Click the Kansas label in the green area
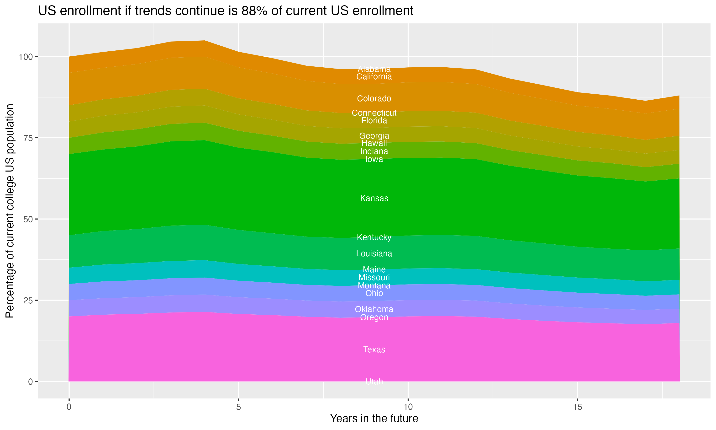point(374,199)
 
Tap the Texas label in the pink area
point(374,350)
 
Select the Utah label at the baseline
point(374,382)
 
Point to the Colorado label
point(374,99)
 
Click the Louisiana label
point(374,254)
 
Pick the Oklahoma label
point(374,309)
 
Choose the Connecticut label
point(374,113)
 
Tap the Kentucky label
point(374,238)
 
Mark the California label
point(374,77)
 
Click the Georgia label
point(374,136)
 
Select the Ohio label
point(374,294)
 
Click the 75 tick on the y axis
point(27,138)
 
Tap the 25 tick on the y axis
point(27,301)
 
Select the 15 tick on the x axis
point(577,407)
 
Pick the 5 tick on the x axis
point(238,407)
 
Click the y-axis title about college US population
point(10,211)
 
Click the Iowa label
point(374,159)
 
